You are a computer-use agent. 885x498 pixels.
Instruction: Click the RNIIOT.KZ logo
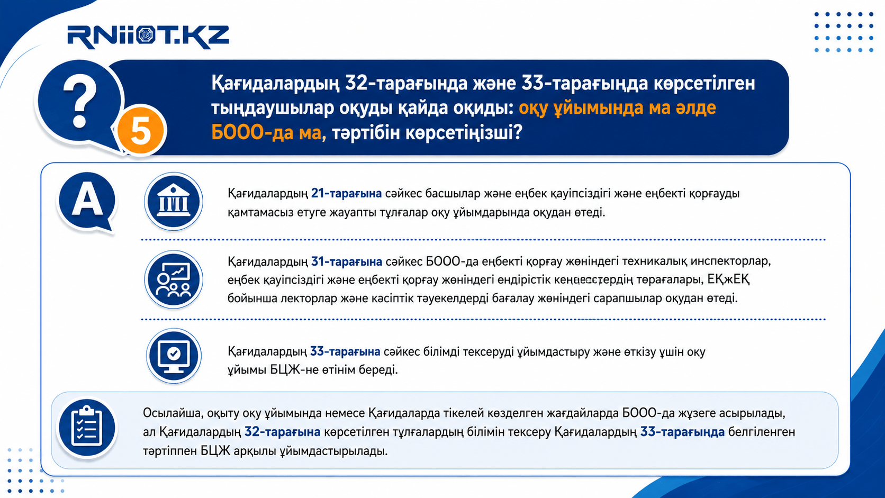pyautogui.click(x=148, y=37)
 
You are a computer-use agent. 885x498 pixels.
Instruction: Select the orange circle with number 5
pyautogui.click(x=141, y=130)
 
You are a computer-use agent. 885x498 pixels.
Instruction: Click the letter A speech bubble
pyautogui.click(x=87, y=202)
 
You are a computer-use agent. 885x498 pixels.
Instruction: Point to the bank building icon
pyautogui.click(x=174, y=202)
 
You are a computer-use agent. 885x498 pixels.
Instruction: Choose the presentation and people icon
pyautogui.click(x=174, y=279)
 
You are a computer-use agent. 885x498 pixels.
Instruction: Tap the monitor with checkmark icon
pyautogui.click(x=174, y=356)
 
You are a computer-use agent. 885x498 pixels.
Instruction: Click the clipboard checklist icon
pyautogui.click(x=87, y=428)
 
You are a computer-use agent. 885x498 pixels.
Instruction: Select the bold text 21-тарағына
pyautogui.click(x=346, y=194)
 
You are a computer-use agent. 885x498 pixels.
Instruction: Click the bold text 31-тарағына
pyautogui.click(x=347, y=261)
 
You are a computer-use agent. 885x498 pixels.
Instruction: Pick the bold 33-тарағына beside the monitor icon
pyautogui.click(x=345, y=351)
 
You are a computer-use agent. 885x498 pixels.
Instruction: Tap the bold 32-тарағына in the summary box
pyautogui.click(x=282, y=432)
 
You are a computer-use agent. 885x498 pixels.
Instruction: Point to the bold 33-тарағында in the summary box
pyautogui.click(x=682, y=432)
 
